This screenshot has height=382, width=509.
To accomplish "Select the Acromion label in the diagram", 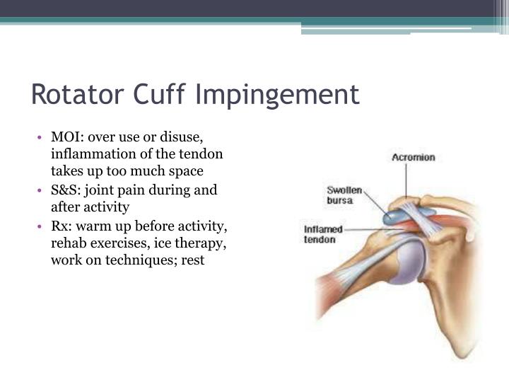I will [414, 157].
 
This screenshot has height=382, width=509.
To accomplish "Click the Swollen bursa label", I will [344, 195].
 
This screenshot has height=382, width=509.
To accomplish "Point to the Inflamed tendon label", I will [323, 234].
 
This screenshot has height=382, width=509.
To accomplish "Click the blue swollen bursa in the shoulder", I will [400, 214].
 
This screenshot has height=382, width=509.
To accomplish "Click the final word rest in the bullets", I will [192, 260].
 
